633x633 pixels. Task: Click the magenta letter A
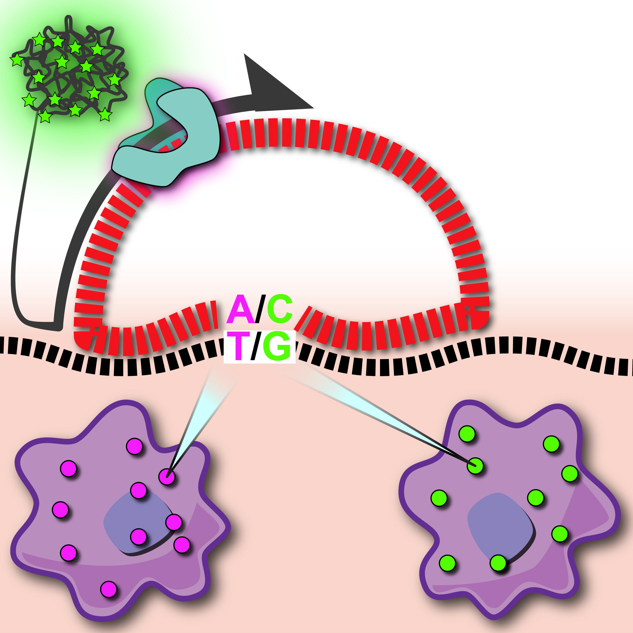pyautogui.click(x=240, y=310)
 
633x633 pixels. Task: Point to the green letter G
pyautogui.click(x=277, y=346)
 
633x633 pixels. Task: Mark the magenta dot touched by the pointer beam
pyautogui.click(x=167, y=476)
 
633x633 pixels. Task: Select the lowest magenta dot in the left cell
pyautogui.click(x=109, y=589)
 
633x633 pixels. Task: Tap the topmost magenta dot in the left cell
pyautogui.click(x=135, y=446)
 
